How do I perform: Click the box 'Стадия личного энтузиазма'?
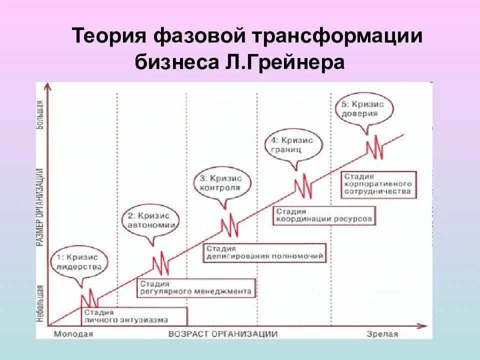[134, 316]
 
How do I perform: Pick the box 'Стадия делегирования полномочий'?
[264, 252]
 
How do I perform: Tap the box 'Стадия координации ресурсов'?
[324, 216]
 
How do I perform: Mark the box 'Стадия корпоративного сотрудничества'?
[378, 184]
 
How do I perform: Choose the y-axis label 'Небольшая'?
[40, 303]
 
